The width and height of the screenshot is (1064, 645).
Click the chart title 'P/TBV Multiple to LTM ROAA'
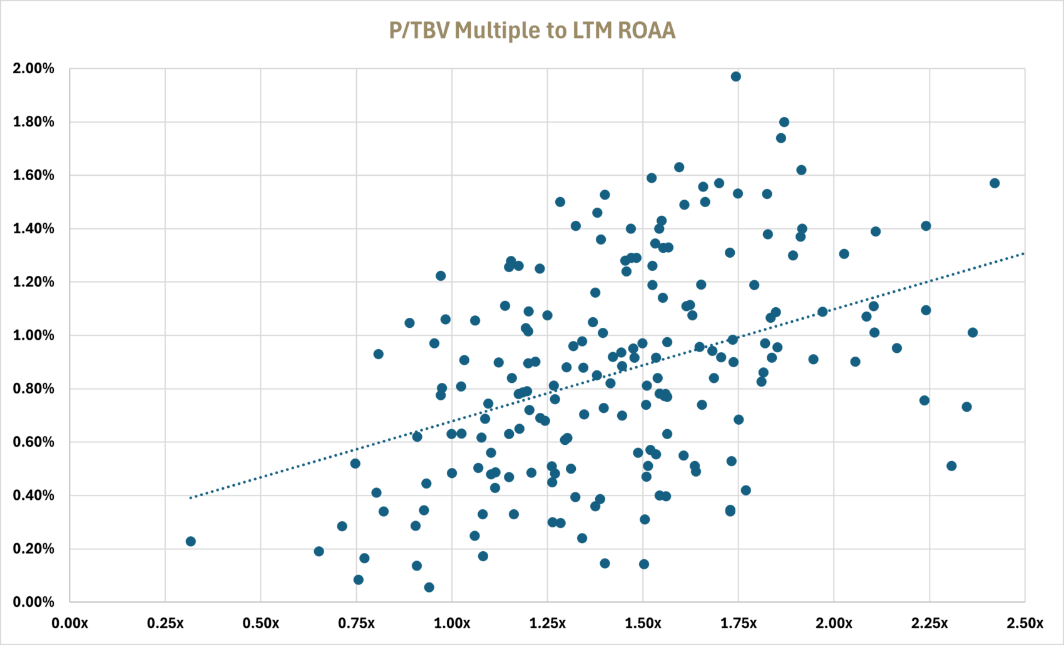tap(532, 31)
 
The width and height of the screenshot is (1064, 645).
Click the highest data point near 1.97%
tap(736, 76)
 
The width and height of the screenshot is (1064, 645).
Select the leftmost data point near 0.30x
tap(191, 541)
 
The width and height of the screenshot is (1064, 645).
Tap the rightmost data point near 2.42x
tap(995, 183)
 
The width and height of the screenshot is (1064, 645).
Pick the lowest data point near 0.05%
tap(429, 587)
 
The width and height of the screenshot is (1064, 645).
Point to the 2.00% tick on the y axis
tap(33, 68)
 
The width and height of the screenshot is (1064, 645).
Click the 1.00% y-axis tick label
tap(33, 335)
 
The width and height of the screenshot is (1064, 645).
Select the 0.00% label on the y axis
tap(33, 602)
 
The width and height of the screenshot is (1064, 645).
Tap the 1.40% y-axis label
tap(33, 228)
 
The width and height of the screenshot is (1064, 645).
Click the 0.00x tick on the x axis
tap(69, 624)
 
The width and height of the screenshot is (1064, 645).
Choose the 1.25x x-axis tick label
tap(548, 624)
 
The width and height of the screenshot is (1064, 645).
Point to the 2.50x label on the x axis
tap(1025, 624)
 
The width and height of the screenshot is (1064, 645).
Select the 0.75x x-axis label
tap(356, 624)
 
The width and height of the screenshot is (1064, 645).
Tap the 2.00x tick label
tap(834, 624)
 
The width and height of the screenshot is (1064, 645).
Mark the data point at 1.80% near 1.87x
tap(784, 122)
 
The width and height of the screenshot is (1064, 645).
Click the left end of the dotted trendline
tap(191, 497)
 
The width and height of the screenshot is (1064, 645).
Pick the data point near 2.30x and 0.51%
tap(951, 466)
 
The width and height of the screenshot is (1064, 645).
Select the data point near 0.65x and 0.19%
tap(319, 551)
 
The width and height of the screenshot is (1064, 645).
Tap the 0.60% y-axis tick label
tap(33, 442)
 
